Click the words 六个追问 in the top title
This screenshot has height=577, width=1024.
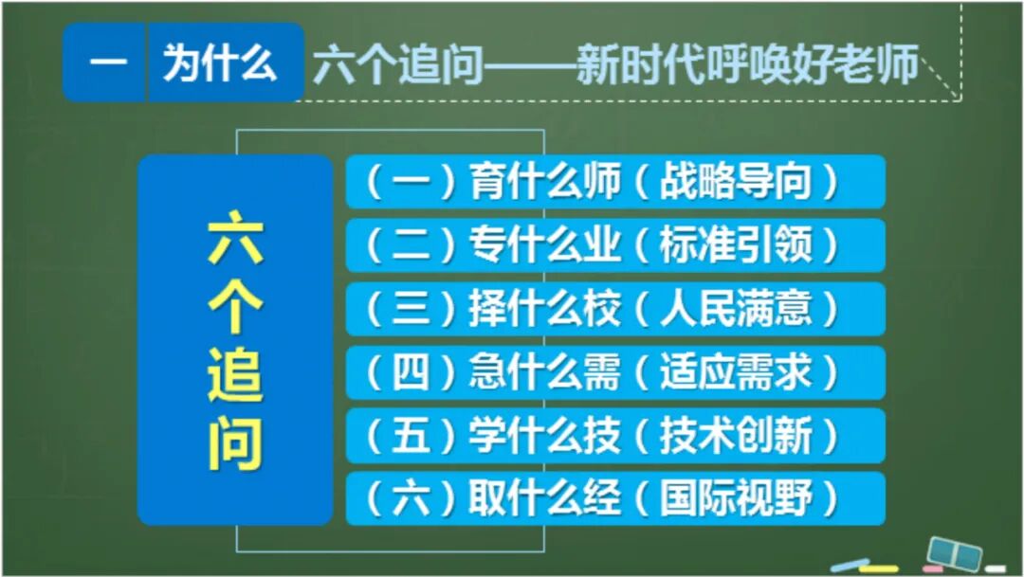click(399, 67)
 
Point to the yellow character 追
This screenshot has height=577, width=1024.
click(235, 373)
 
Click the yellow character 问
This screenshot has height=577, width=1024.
click(235, 440)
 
